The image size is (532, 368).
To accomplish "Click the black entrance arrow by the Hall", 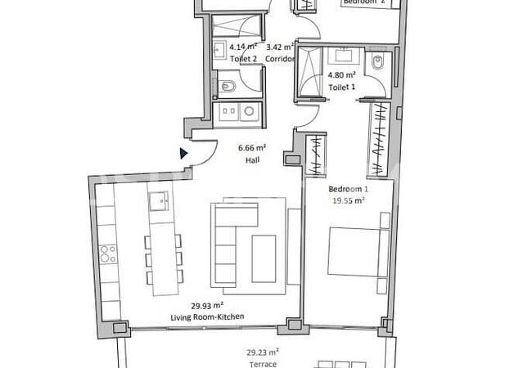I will tap(184, 152).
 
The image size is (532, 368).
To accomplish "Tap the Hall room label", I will tap(251, 161).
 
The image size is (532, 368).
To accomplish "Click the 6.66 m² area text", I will tap(251, 148).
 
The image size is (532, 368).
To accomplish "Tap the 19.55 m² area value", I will tap(347, 199).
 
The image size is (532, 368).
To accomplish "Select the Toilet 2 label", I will tap(220, 59).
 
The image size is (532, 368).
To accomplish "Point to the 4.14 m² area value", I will tap(220, 47).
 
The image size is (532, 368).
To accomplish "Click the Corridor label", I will tap(281, 59).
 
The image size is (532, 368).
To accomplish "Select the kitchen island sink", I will tap(160, 198).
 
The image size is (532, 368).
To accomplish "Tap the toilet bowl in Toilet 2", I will tap(229, 86).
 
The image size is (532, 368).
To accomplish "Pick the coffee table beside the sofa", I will tap(264, 257).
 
